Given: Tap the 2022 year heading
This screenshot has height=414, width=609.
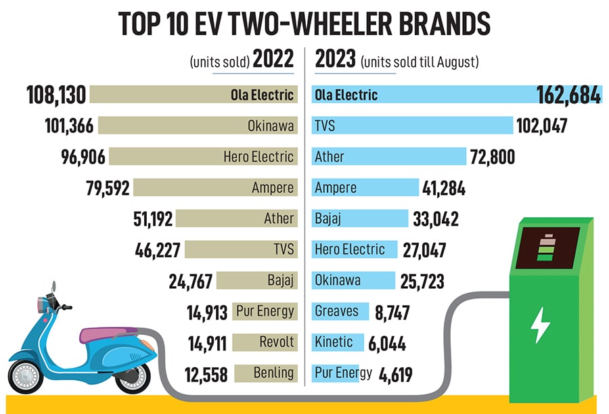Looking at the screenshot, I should tap(273, 60).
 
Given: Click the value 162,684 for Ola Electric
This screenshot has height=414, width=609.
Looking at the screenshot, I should tap(568, 95).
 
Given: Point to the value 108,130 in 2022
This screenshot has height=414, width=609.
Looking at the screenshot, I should tap(57, 95).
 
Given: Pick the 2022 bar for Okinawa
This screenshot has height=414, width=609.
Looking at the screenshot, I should tap(196, 126).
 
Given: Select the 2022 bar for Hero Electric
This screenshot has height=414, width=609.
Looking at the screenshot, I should tap(202, 157).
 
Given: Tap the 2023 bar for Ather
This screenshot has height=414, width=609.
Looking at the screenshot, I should tap(388, 157).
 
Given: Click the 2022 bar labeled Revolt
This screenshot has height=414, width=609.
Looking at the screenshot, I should tap(265, 342).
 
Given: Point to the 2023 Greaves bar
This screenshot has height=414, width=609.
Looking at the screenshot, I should tap(340, 311).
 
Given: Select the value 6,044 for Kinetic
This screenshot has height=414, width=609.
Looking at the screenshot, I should tap(387, 343).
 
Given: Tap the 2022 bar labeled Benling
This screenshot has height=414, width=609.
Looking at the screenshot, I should tap(265, 373).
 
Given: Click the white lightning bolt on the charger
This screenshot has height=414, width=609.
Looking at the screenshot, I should tap(541, 324).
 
